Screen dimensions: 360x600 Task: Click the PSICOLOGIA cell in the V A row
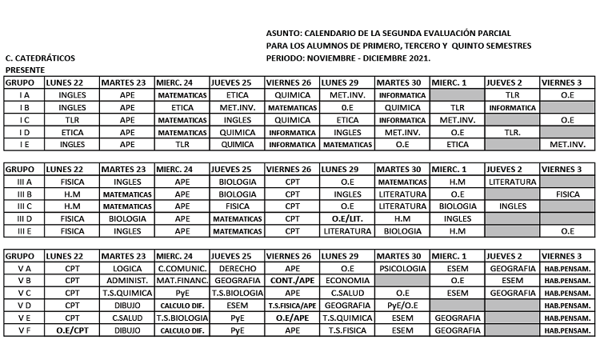(x=402, y=269)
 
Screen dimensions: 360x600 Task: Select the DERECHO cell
(x=237, y=269)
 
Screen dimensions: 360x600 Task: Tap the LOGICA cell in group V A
(x=127, y=269)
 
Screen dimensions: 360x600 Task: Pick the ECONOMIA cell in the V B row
(x=347, y=281)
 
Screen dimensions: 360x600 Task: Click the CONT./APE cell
(x=291, y=281)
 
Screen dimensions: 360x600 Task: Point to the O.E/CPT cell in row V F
(x=72, y=330)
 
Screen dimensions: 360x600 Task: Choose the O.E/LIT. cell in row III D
(x=347, y=218)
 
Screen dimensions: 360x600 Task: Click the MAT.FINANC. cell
(x=182, y=281)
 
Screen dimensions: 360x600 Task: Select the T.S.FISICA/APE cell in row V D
(x=291, y=306)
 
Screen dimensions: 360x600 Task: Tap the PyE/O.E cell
(x=402, y=306)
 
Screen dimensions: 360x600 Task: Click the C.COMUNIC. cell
(x=182, y=269)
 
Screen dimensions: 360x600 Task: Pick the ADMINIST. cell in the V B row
(x=127, y=281)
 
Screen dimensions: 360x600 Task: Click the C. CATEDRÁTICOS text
(x=39, y=58)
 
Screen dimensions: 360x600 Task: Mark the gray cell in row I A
(x=457, y=94)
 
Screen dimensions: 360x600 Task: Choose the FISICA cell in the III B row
(x=567, y=194)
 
